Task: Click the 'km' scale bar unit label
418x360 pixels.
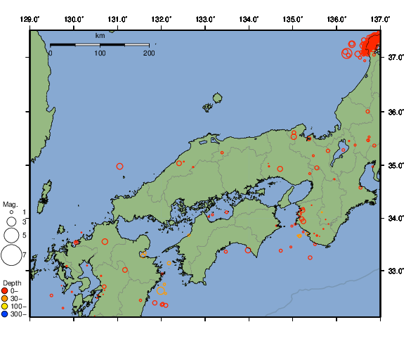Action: coord(100,35)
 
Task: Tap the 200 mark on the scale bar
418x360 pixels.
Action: coord(148,53)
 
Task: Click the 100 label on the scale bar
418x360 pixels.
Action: coord(100,53)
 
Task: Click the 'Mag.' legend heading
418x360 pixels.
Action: coord(9,203)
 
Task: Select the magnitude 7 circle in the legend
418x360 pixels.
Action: coord(11,255)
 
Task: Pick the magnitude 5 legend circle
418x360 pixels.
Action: coord(11,235)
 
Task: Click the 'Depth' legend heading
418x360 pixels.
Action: coord(12,283)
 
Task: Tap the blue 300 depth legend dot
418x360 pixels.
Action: coord(5,314)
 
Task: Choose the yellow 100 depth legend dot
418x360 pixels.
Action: coord(5,307)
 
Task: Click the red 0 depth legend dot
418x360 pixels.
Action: coord(5,290)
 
